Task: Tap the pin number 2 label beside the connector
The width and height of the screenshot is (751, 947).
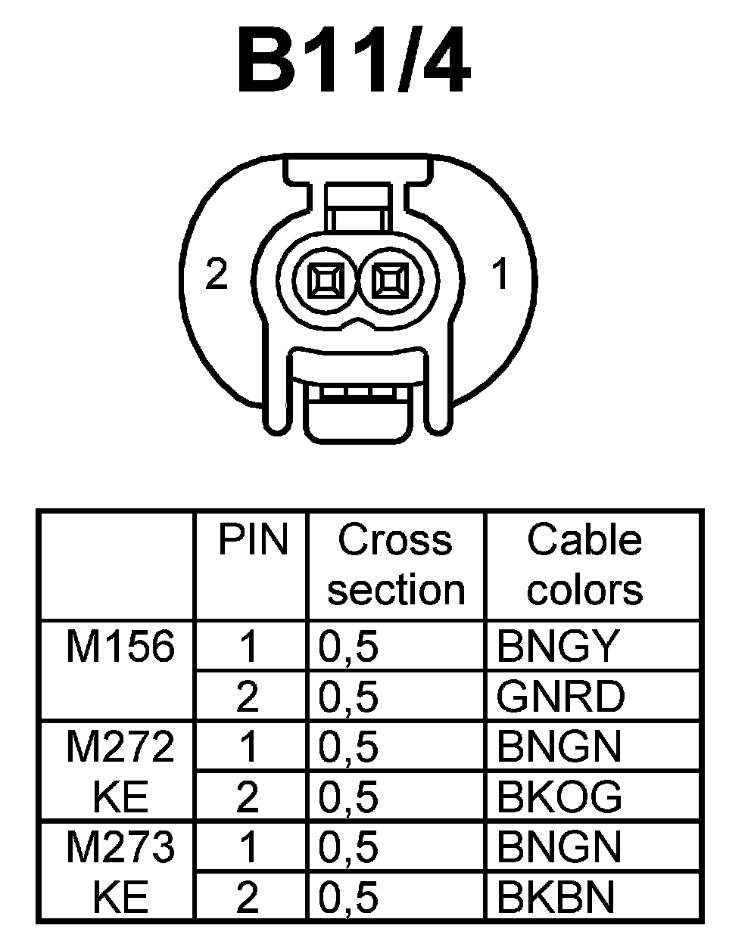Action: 217,274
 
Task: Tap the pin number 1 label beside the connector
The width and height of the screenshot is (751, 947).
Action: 501,274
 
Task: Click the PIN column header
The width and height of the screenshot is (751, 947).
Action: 253,540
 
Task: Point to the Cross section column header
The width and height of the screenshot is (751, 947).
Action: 396,564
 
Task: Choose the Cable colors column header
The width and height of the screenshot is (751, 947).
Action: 584,564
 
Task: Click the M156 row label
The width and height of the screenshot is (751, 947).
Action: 120,647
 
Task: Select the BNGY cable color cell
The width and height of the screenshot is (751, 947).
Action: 558,647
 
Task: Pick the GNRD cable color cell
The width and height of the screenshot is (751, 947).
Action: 561,697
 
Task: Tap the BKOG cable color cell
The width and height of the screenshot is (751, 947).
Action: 559,796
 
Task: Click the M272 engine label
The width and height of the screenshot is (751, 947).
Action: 120,747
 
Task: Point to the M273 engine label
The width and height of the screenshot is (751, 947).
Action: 120,847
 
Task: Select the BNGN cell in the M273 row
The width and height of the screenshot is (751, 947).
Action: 558,847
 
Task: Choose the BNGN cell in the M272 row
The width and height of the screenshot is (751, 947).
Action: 558,747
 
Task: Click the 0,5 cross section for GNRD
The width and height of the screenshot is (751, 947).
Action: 348,697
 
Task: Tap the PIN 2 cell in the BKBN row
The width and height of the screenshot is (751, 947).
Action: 248,897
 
